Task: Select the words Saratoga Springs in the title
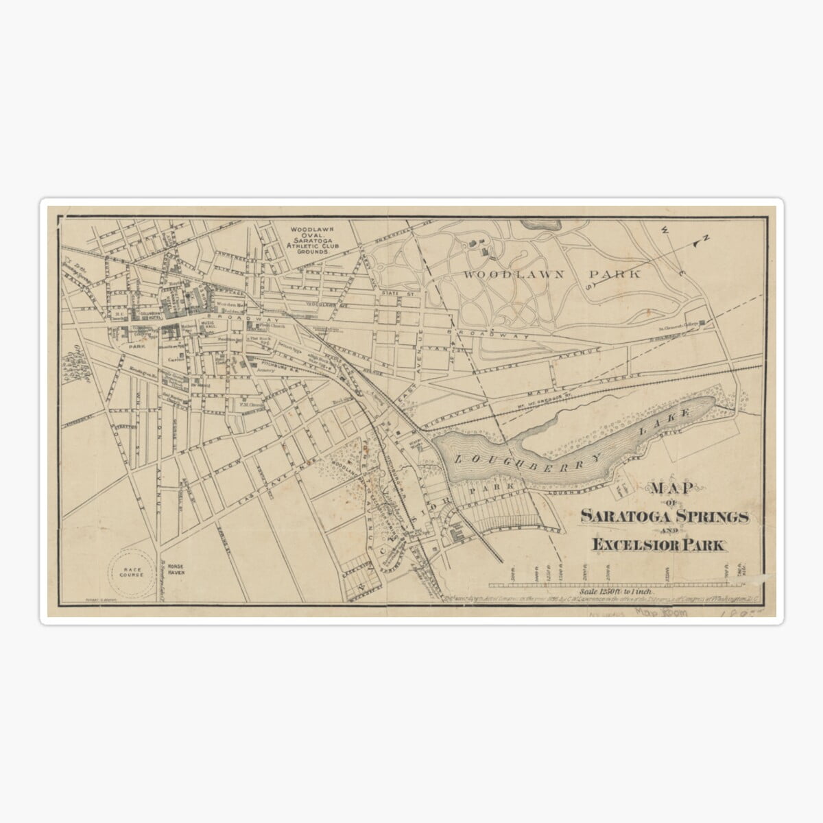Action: [663, 516]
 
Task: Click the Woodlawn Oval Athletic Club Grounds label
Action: [311, 239]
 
